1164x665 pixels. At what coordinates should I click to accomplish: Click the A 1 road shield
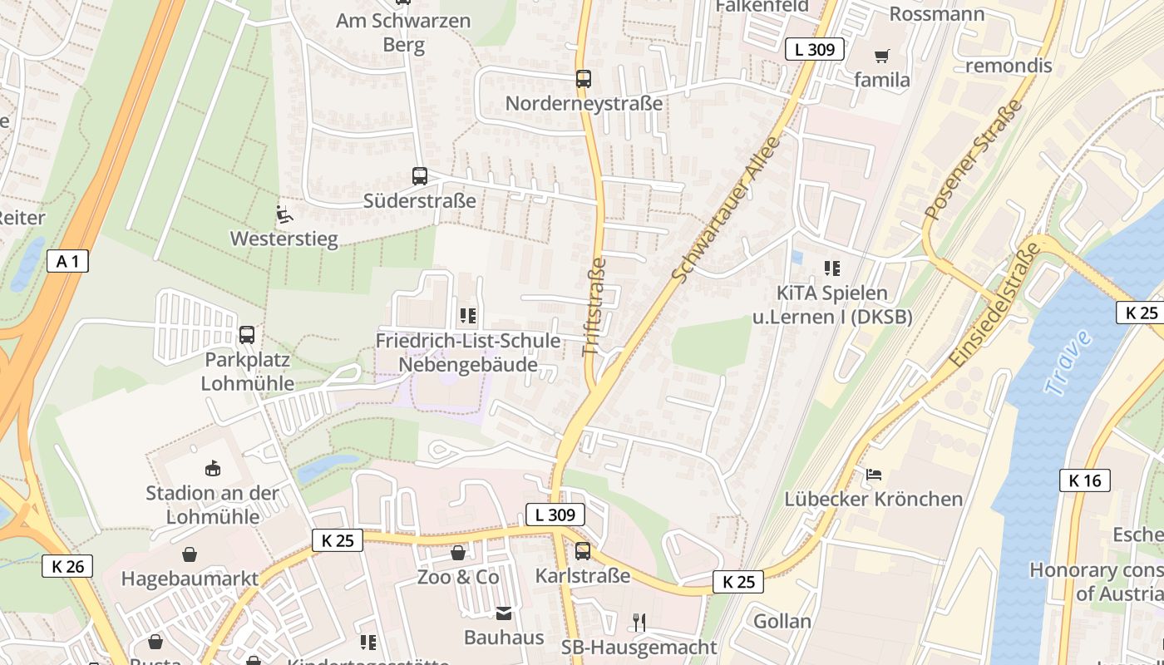point(67,261)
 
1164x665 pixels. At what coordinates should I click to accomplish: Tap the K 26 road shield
point(67,567)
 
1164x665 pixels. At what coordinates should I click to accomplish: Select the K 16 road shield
point(1085,480)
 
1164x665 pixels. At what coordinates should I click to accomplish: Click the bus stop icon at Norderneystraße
point(584,79)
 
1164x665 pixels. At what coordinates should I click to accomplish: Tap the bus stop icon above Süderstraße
point(420,176)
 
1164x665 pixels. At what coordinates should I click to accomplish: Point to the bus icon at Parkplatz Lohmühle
point(247,335)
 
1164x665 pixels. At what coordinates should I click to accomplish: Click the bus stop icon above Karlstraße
point(583,551)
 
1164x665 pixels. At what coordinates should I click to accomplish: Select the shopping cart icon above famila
point(881,56)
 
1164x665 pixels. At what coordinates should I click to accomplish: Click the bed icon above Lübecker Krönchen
point(874,475)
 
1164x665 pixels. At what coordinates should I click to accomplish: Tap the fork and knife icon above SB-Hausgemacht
point(639,622)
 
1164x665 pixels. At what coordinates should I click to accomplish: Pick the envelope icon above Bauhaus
point(504,613)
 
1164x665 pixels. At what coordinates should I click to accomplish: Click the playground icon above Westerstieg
point(284,214)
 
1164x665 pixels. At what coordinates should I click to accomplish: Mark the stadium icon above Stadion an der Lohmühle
point(213,469)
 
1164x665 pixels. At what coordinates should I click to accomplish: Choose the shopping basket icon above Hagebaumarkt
point(190,554)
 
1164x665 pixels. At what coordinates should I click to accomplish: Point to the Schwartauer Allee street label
point(727,209)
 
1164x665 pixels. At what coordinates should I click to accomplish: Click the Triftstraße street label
point(594,308)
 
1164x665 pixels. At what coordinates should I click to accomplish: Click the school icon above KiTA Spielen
point(832,268)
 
